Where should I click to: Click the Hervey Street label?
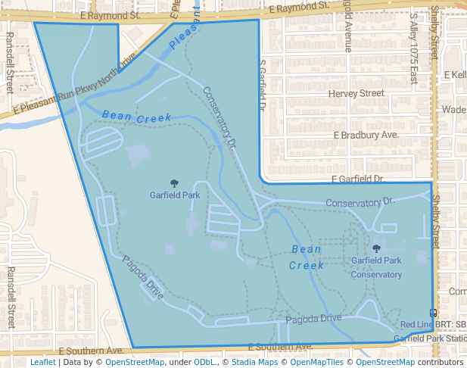pyautogui.click(x=356, y=94)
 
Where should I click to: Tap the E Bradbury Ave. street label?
pyautogui.click(x=366, y=135)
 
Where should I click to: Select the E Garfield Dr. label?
pyautogui.click(x=358, y=179)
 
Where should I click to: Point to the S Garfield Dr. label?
pyautogui.click(x=263, y=86)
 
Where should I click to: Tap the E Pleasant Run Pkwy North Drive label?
pyautogui.click(x=73, y=84)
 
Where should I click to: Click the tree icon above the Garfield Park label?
pyautogui.click(x=175, y=182)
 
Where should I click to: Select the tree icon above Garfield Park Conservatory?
pyautogui.click(x=376, y=248)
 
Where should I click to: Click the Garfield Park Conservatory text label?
pyautogui.click(x=376, y=267)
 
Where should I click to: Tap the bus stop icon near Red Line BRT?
pyautogui.click(x=433, y=312)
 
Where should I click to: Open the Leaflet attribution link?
pyautogui.click(x=42, y=362)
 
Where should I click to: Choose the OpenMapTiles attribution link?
pyautogui.click(x=313, y=362)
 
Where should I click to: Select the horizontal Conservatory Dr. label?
pyautogui.click(x=360, y=202)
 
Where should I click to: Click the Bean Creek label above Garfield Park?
pyautogui.click(x=136, y=118)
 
